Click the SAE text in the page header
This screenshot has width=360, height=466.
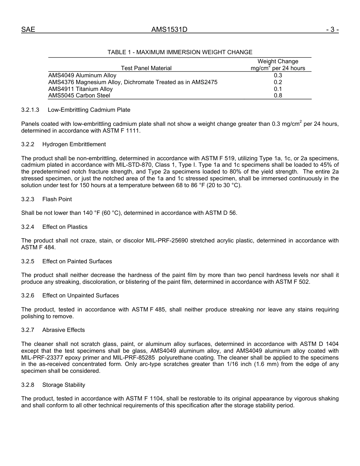(28, 30)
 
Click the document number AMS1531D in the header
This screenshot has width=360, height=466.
(169, 30)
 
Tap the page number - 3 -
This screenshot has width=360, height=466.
(332, 30)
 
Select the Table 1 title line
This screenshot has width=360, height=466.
(180, 52)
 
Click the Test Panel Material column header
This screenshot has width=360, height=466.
(146, 68)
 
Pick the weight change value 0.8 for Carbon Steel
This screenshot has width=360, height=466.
(278, 95)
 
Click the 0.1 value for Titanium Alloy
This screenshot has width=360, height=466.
(278, 89)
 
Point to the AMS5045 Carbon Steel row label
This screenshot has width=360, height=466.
(79, 95)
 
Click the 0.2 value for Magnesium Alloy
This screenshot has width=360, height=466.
(278, 82)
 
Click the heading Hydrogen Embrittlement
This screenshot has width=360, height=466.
(74, 144)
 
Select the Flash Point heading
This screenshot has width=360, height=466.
(57, 199)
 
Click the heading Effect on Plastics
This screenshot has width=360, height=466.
(65, 227)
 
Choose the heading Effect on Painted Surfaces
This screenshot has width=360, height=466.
(77, 261)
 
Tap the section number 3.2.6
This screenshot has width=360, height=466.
(28, 296)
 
